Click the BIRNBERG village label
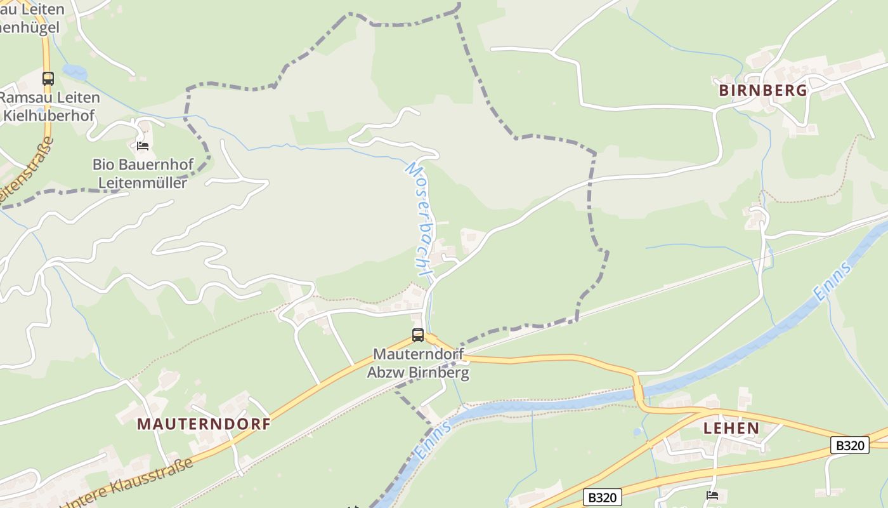(x=763, y=90)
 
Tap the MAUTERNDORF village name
(x=204, y=424)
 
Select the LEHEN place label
(x=731, y=428)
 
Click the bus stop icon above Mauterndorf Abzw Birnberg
(x=417, y=335)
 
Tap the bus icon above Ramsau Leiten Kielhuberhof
(x=48, y=79)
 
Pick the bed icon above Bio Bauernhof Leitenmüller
(x=143, y=146)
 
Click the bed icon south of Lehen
(x=712, y=495)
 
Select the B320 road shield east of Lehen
(x=849, y=445)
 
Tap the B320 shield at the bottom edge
(x=602, y=497)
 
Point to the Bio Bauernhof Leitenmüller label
(x=143, y=173)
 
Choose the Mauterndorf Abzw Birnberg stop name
(x=418, y=363)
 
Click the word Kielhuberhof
(x=49, y=116)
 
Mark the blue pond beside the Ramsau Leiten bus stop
(x=75, y=72)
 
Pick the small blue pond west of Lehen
(x=637, y=432)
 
